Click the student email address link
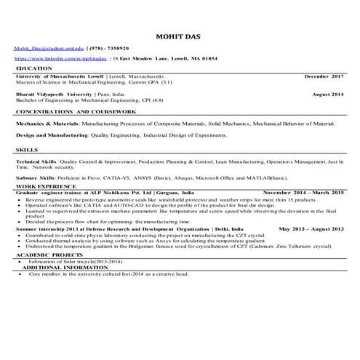[47, 47]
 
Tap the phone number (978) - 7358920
[111, 47]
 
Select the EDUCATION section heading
[34, 68]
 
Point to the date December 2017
[324, 76]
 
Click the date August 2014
[327, 95]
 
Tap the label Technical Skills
[36, 161]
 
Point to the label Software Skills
[36, 177]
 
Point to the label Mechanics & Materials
[47, 124]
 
